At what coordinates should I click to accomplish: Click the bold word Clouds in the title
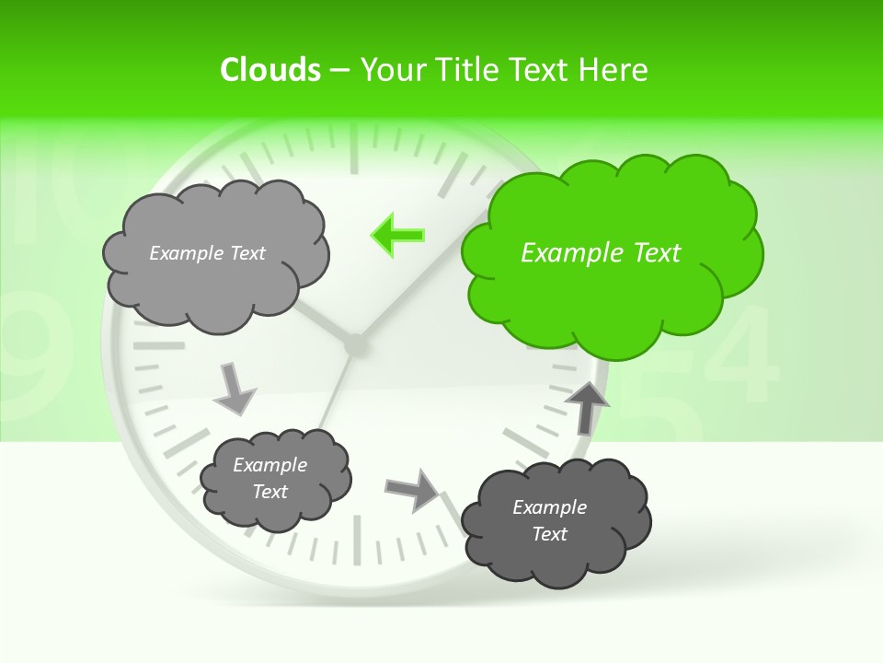point(270,70)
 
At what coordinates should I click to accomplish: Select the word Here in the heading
point(614,70)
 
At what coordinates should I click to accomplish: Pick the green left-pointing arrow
point(397,235)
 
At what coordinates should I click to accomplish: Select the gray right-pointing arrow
point(413,489)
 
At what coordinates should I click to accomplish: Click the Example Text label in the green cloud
point(601,253)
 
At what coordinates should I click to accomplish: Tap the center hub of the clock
point(354,345)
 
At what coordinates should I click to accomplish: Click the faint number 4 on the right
point(745,350)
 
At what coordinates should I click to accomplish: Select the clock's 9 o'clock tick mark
point(158,346)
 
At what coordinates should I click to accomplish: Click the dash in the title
point(339,70)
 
